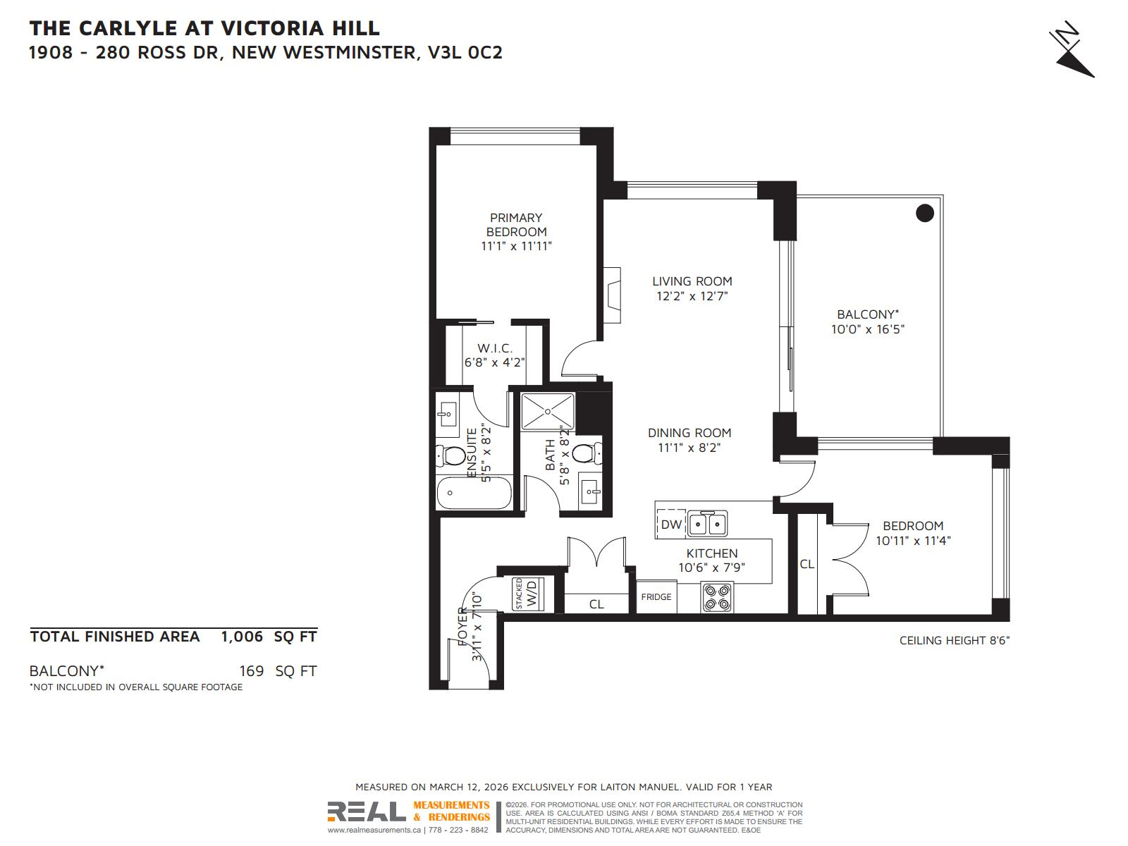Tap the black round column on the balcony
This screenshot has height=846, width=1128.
pos(924,212)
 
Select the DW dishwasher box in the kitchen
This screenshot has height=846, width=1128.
pos(671,525)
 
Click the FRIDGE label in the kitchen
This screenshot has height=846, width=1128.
pos(656,597)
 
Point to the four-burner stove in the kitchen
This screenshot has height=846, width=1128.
pos(717,596)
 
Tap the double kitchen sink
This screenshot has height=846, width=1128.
pos(708,524)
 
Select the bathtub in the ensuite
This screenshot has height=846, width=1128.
pos(473,493)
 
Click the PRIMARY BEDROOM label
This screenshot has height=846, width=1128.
pos(516,225)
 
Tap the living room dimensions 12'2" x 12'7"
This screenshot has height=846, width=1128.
pos(692,296)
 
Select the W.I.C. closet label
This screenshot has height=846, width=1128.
pos(494,348)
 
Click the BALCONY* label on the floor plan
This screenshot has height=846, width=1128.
pos(867,314)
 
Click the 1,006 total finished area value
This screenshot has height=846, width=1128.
pos(242,637)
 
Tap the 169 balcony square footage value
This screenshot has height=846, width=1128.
pos(251,671)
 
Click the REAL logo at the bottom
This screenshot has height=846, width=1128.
pos(366,811)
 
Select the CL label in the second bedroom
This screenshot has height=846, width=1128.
pos(807,564)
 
